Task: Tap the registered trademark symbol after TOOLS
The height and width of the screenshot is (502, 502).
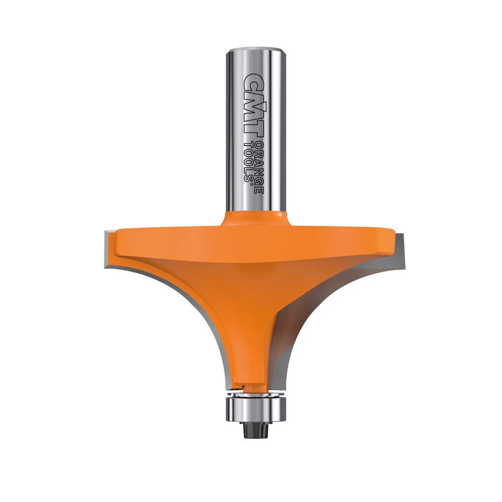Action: click(249, 185)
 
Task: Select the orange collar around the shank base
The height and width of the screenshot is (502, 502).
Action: click(255, 219)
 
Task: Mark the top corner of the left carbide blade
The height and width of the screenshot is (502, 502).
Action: click(106, 232)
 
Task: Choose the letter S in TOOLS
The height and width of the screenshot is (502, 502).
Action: click(248, 179)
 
